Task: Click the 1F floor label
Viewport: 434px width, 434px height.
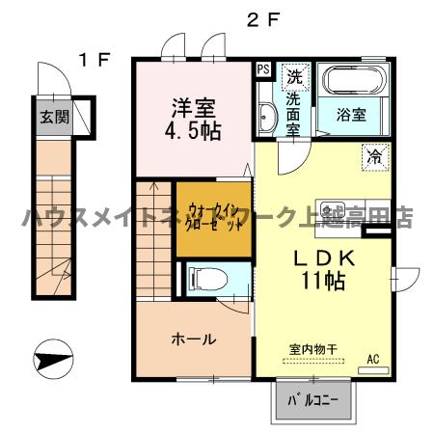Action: click(94, 59)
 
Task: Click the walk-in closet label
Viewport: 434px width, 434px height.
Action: click(213, 215)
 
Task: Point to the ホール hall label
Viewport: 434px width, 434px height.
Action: click(193, 339)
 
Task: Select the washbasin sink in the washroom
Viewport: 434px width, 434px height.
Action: click(266, 117)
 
